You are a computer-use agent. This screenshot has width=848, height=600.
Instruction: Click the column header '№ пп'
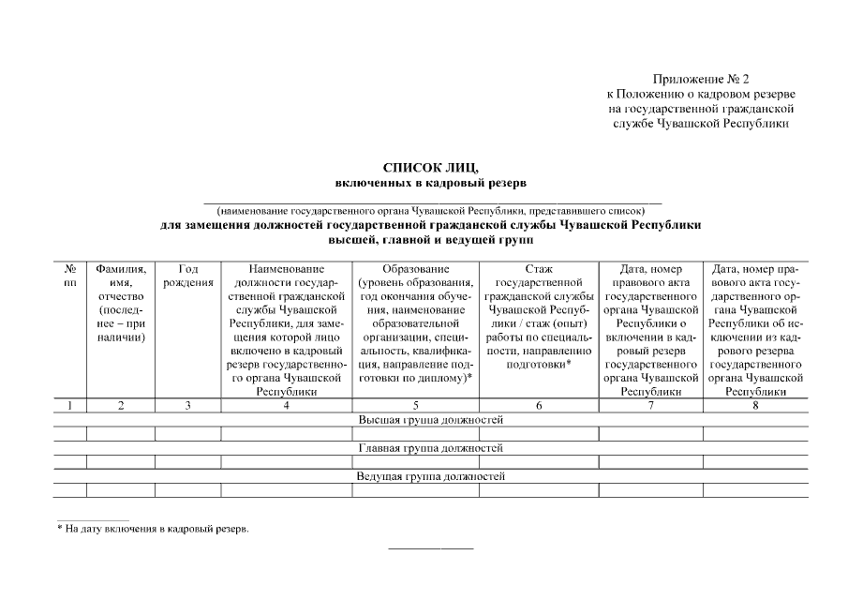(69, 275)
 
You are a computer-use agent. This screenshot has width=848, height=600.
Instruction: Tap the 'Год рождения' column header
(186, 275)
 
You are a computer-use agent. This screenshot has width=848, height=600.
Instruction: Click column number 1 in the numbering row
(69, 405)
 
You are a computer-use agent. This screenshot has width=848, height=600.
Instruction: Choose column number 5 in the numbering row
(414, 405)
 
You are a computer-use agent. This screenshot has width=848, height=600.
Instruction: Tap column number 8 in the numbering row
(755, 405)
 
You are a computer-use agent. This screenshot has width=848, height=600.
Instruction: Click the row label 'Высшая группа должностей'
(431, 420)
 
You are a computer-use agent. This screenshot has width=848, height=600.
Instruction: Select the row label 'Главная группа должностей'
(431, 448)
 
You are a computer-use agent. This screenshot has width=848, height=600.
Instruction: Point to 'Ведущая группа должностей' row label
(431, 476)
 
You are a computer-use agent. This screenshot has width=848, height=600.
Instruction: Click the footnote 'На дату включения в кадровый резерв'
(155, 529)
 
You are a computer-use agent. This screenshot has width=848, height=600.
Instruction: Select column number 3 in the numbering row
(186, 405)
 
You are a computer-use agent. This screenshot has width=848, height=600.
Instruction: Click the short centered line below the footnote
(431, 547)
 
